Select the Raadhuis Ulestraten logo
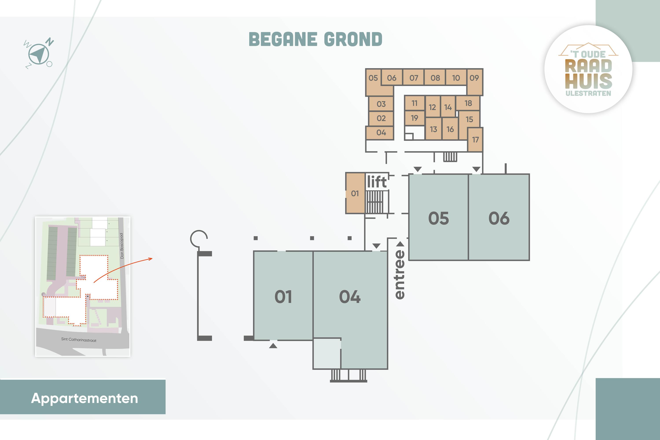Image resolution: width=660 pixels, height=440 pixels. [x=588, y=69]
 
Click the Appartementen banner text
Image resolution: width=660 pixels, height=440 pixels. [x=84, y=398]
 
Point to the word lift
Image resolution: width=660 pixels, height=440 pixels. [x=377, y=182]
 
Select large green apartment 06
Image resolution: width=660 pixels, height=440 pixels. [x=499, y=217]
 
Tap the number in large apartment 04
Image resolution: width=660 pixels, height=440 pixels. [x=350, y=297]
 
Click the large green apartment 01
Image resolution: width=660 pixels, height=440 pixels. [x=283, y=296]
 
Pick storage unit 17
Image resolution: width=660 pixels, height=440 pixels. [x=475, y=139]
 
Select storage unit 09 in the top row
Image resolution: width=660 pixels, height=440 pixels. [x=475, y=82]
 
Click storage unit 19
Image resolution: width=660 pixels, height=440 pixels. [x=414, y=118]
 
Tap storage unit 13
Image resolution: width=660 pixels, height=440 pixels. [x=434, y=129]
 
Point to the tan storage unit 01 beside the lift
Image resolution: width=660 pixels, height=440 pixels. [x=355, y=193]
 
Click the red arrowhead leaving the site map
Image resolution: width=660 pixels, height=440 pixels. [x=151, y=259]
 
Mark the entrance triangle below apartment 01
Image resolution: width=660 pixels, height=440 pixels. [x=273, y=346]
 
